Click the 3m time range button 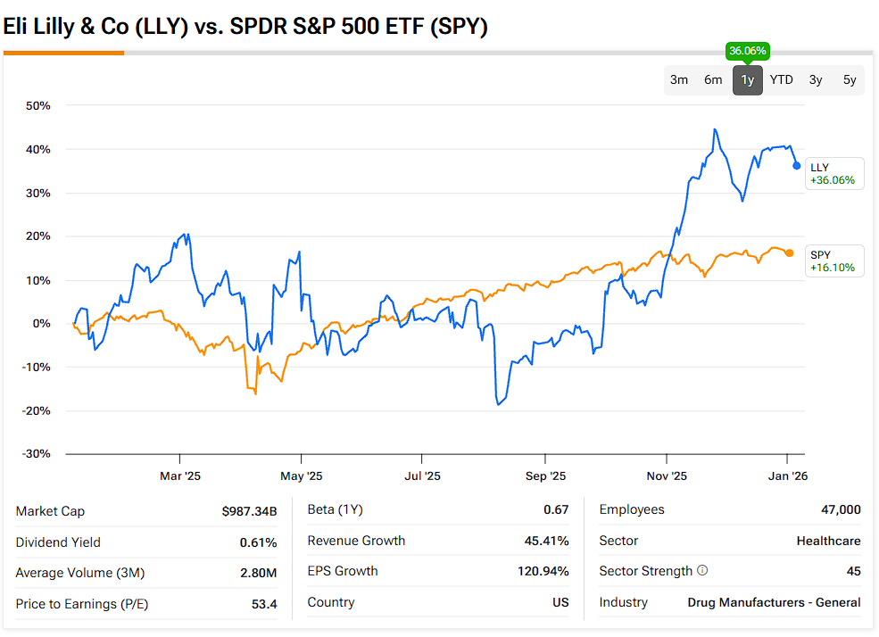[679, 80]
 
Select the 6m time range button [713, 80]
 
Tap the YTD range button [782, 80]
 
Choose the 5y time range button [850, 80]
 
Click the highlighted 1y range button [748, 80]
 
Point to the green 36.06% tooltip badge [748, 51]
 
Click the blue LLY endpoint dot [797, 165]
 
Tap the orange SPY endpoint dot [790, 252]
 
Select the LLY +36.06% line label [833, 173]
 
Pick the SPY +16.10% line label [833, 261]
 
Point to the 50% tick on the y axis [37, 105]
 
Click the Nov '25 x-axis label [667, 476]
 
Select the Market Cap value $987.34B [249, 511]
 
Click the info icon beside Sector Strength [702, 571]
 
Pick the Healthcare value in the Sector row [828, 541]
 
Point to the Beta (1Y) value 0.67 [555, 509]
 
